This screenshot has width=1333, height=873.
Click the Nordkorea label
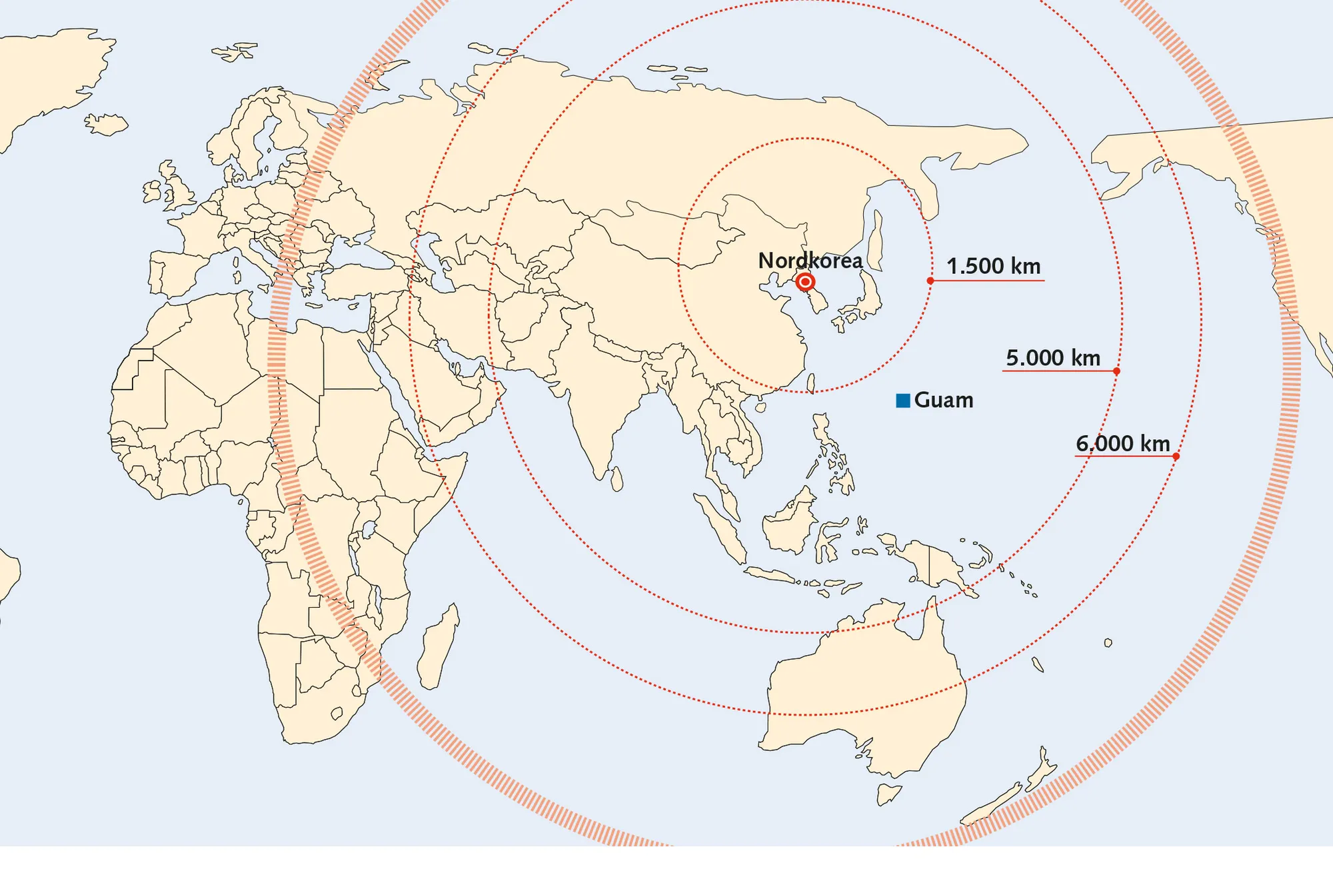(810, 261)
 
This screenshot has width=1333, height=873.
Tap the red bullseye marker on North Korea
(805, 283)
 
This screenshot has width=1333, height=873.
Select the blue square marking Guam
(903, 401)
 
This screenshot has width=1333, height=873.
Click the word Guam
(944, 401)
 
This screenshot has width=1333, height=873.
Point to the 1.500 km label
(993, 267)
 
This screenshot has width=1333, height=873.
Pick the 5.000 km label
(1052, 359)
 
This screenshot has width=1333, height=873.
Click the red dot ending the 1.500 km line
(930, 281)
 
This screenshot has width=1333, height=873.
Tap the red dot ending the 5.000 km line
(1116, 371)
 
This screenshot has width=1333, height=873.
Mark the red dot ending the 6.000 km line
(1176, 456)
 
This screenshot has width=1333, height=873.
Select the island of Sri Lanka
(617, 478)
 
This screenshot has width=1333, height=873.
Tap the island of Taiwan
(810, 383)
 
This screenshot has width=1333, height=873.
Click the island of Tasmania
(888, 793)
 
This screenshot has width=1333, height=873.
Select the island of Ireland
(153, 192)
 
